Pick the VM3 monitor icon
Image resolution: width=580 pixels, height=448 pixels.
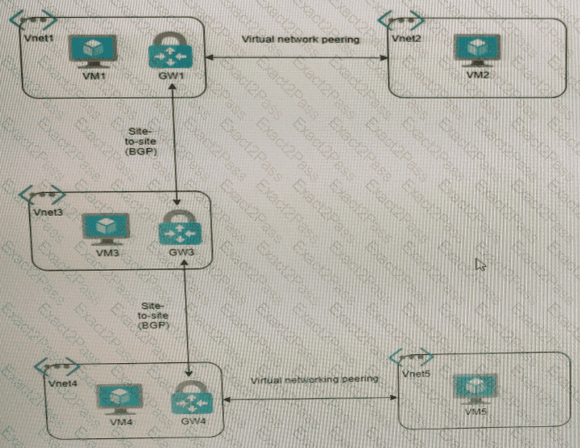(x=104, y=230)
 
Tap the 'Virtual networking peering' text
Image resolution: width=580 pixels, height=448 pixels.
(x=314, y=378)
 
